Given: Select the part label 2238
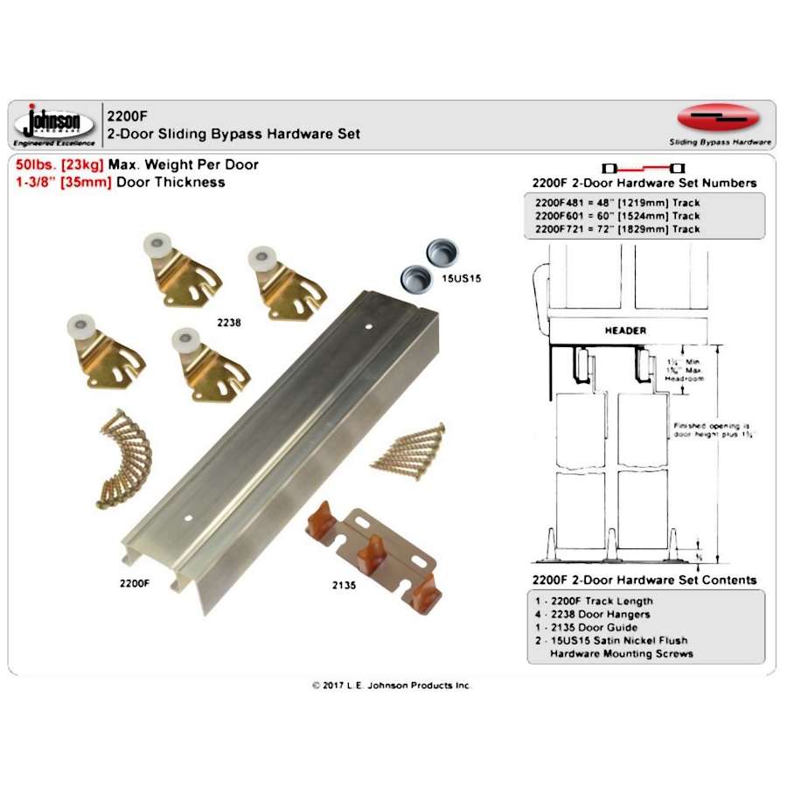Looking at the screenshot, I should pos(229,322).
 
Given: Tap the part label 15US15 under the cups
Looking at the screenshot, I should pos(463,278).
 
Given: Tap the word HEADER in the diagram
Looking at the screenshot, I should pos(625,331).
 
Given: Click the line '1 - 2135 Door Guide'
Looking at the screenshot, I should pos(586,627).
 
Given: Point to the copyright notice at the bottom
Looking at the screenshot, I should pos(391,686).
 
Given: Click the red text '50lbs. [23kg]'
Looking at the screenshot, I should pos(59,164).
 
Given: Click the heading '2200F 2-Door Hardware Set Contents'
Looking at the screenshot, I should pos(644,580).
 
